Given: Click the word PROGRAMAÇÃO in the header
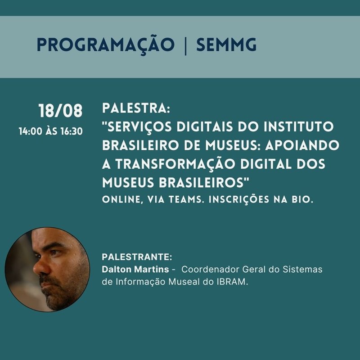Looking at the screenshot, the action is coord(106,45).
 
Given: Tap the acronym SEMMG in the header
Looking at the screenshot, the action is coord(226,45).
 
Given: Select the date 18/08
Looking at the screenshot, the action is coord(60,111).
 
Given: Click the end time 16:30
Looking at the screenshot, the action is coord(72,131).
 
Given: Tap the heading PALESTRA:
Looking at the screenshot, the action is coord(136,108).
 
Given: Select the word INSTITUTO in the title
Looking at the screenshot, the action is coord(299,126).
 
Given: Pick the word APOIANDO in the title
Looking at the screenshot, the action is coord(302,145).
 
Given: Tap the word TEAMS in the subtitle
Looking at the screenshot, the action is coord(187,199).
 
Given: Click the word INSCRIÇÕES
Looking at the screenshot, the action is coord(239,200).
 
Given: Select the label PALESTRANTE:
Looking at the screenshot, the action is coord(137,257).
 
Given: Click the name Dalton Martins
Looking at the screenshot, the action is coord(135,269).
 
